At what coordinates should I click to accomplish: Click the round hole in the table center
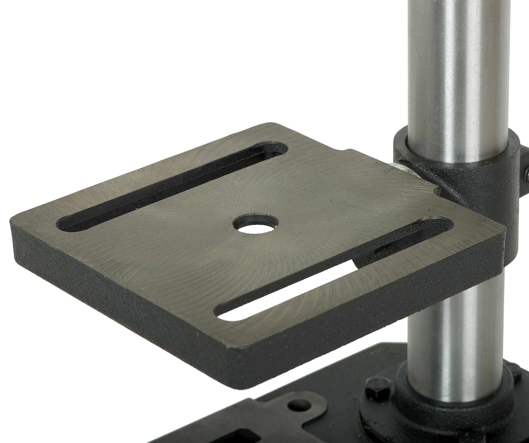tap(256, 224)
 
